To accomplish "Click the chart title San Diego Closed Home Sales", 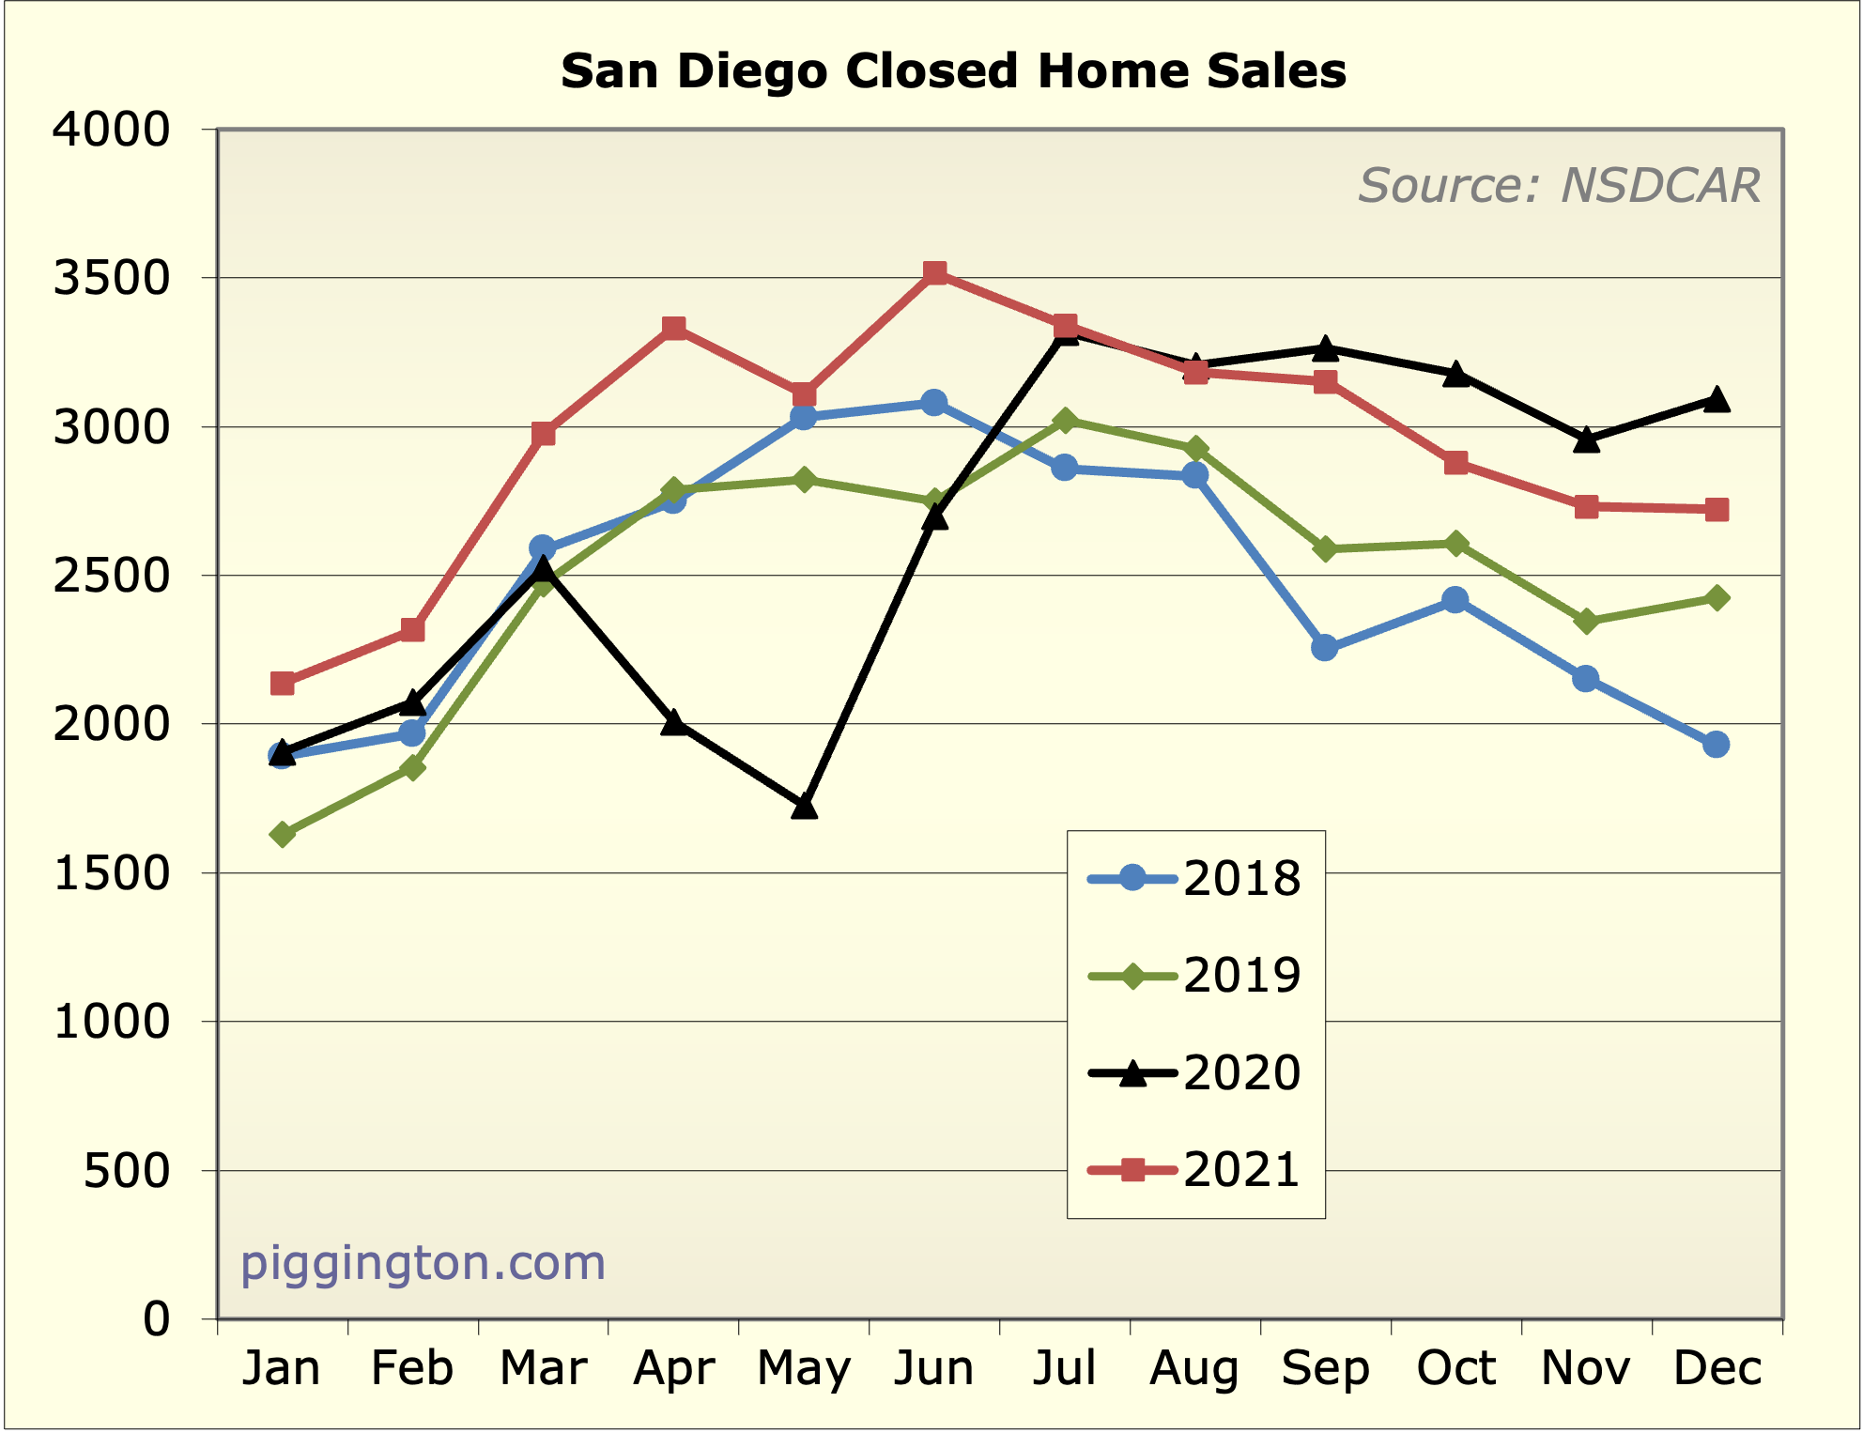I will (x=953, y=71).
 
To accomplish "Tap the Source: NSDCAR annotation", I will (x=1559, y=185).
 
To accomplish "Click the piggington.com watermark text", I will (x=423, y=1263).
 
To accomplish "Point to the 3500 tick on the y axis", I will (x=112, y=279).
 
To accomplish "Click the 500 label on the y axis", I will (x=127, y=1171).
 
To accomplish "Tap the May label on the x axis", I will (x=804, y=1368).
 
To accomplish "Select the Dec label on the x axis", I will (x=1717, y=1368).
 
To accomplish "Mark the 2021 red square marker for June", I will (x=934, y=273).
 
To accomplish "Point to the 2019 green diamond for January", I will (x=283, y=834).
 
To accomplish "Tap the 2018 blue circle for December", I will (x=1717, y=745).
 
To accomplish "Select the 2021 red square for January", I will (x=283, y=683).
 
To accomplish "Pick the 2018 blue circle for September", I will (x=1325, y=647).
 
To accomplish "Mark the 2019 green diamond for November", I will (x=1587, y=621).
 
